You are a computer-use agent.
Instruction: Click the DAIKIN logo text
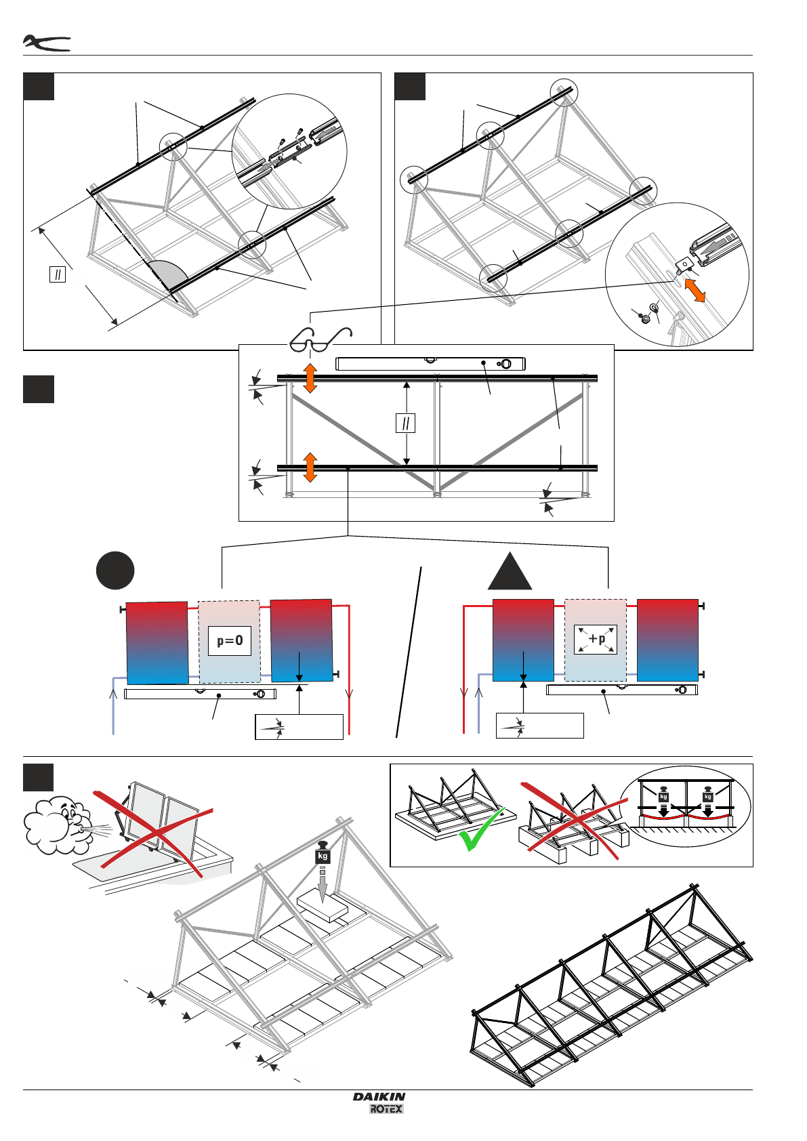click(379, 1096)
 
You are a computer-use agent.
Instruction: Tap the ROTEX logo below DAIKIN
click(386, 1109)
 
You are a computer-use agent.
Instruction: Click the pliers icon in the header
click(46, 43)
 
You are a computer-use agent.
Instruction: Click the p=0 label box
click(230, 640)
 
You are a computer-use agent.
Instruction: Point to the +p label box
click(596, 639)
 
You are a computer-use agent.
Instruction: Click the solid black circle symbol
click(115, 570)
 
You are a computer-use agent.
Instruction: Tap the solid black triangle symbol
click(510, 570)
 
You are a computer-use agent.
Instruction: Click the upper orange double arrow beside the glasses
click(310, 378)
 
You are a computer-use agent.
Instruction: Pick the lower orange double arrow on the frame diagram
click(310, 468)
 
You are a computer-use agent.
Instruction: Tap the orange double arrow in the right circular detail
click(695, 291)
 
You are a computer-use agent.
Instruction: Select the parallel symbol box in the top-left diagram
click(58, 274)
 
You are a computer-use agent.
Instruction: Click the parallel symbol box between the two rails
click(405, 423)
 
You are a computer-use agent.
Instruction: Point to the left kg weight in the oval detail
click(663, 796)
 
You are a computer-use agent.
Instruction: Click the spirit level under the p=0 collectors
click(200, 694)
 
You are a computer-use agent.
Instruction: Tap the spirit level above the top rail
click(430, 364)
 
